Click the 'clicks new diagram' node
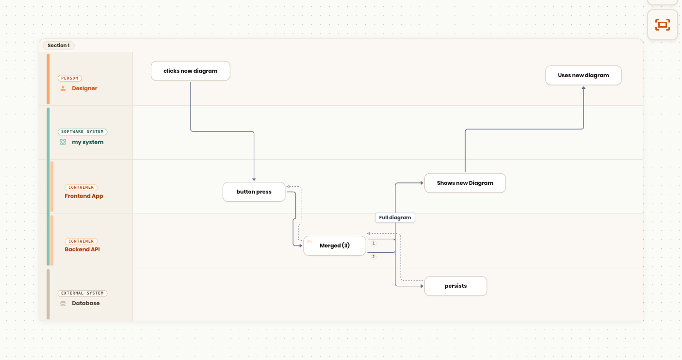point(191,71)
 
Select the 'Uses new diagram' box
point(584,75)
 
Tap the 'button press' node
point(254,192)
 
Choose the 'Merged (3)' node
point(335,245)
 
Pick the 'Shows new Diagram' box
point(465,183)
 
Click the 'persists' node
point(455,286)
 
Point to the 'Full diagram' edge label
point(395,217)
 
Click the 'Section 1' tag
point(59,46)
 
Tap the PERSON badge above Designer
point(70,78)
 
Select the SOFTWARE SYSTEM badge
point(82,131)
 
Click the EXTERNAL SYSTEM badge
point(82,294)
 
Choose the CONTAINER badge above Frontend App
point(81,187)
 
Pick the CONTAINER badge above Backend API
point(81,241)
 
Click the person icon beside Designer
point(63,88)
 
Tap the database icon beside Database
point(63,303)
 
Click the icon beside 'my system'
point(63,142)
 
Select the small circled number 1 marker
point(373,243)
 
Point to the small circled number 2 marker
point(373,257)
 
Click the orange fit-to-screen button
point(663,25)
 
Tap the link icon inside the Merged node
point(309,242)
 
